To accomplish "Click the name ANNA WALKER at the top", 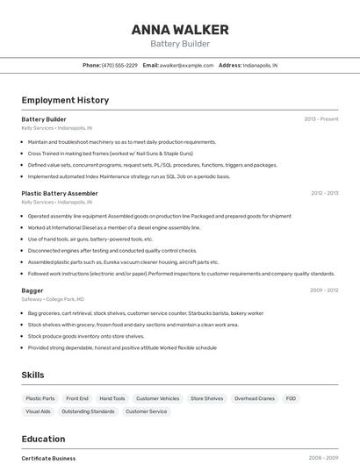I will [180, 30].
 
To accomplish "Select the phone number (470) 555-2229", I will [119, 65].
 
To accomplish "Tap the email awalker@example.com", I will [186, 65].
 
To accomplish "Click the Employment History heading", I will [65, 101].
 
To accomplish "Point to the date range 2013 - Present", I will [320, 119].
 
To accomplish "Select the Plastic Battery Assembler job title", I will [59, 193].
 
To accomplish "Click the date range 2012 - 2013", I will [324, 193].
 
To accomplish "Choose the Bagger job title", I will [32, 290].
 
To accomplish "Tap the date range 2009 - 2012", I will [324, 290].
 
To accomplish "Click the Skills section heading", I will [32, 375].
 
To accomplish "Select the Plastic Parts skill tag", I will [40, 398].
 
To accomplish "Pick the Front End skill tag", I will [77, 398].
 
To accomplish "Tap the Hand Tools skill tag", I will [112, 398].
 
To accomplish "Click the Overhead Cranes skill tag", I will [255, 398].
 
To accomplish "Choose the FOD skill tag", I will [291, 398].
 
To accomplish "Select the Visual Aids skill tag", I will [38, 411].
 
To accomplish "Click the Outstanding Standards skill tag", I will [88, 411].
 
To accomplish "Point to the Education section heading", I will [43, 439].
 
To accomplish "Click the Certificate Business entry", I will [48, 458].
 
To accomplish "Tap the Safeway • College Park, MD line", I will [53, 299].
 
